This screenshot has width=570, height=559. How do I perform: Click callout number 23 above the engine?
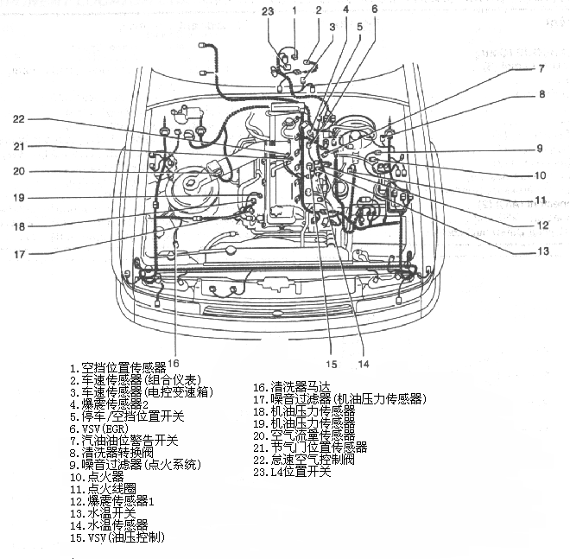268,10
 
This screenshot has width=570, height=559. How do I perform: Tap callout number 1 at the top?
294,10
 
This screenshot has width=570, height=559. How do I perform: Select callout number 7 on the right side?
541,68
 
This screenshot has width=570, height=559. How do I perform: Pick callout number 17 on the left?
19,254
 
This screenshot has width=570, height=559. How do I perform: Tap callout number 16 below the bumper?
174,362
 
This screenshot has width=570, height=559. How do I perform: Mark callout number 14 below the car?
364,363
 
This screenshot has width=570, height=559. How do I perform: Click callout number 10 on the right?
541,175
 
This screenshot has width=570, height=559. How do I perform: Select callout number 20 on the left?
19,171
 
